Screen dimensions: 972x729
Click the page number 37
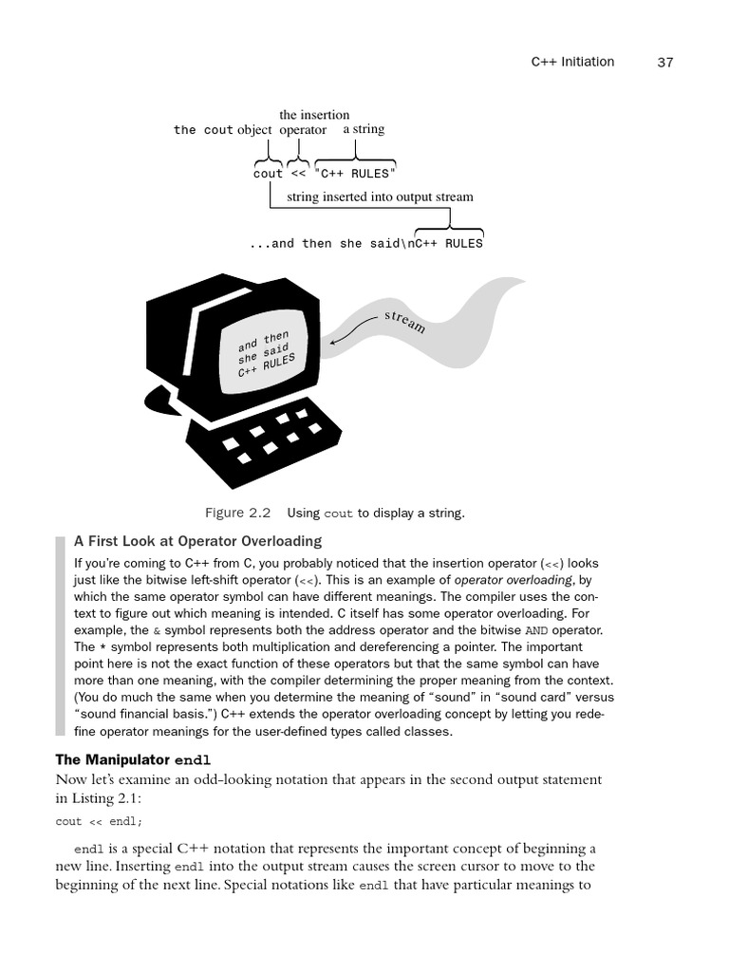point(664,63)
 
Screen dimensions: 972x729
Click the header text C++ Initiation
point(571,63)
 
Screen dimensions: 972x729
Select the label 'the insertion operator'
point(313,122)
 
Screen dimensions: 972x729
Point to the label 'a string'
point(364,129)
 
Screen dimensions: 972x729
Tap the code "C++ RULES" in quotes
point(354,174)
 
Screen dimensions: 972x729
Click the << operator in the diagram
point(298,174)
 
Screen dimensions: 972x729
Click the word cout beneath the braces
point(268,174)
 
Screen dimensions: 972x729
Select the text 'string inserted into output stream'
point(380,197)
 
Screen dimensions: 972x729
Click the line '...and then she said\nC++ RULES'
point(365,244)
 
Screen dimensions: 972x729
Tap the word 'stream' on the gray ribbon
point(405,320)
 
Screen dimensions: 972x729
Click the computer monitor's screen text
point(267,355)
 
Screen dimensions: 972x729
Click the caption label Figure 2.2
point(238,514)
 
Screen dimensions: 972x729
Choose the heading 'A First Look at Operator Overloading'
point(198,541)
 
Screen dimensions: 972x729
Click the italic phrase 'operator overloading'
point(514,580)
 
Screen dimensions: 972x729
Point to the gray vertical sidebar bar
point(61,635)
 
